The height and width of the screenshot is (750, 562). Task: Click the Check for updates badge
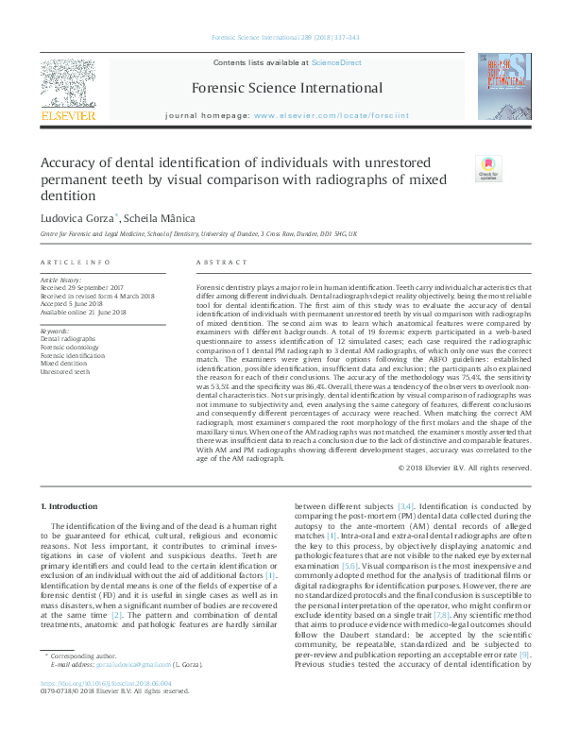[x=488, y=169]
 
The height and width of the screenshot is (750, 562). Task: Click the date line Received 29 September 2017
[x=82, y=288]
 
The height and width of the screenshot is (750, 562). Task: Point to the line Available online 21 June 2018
[x=83, y=311]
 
